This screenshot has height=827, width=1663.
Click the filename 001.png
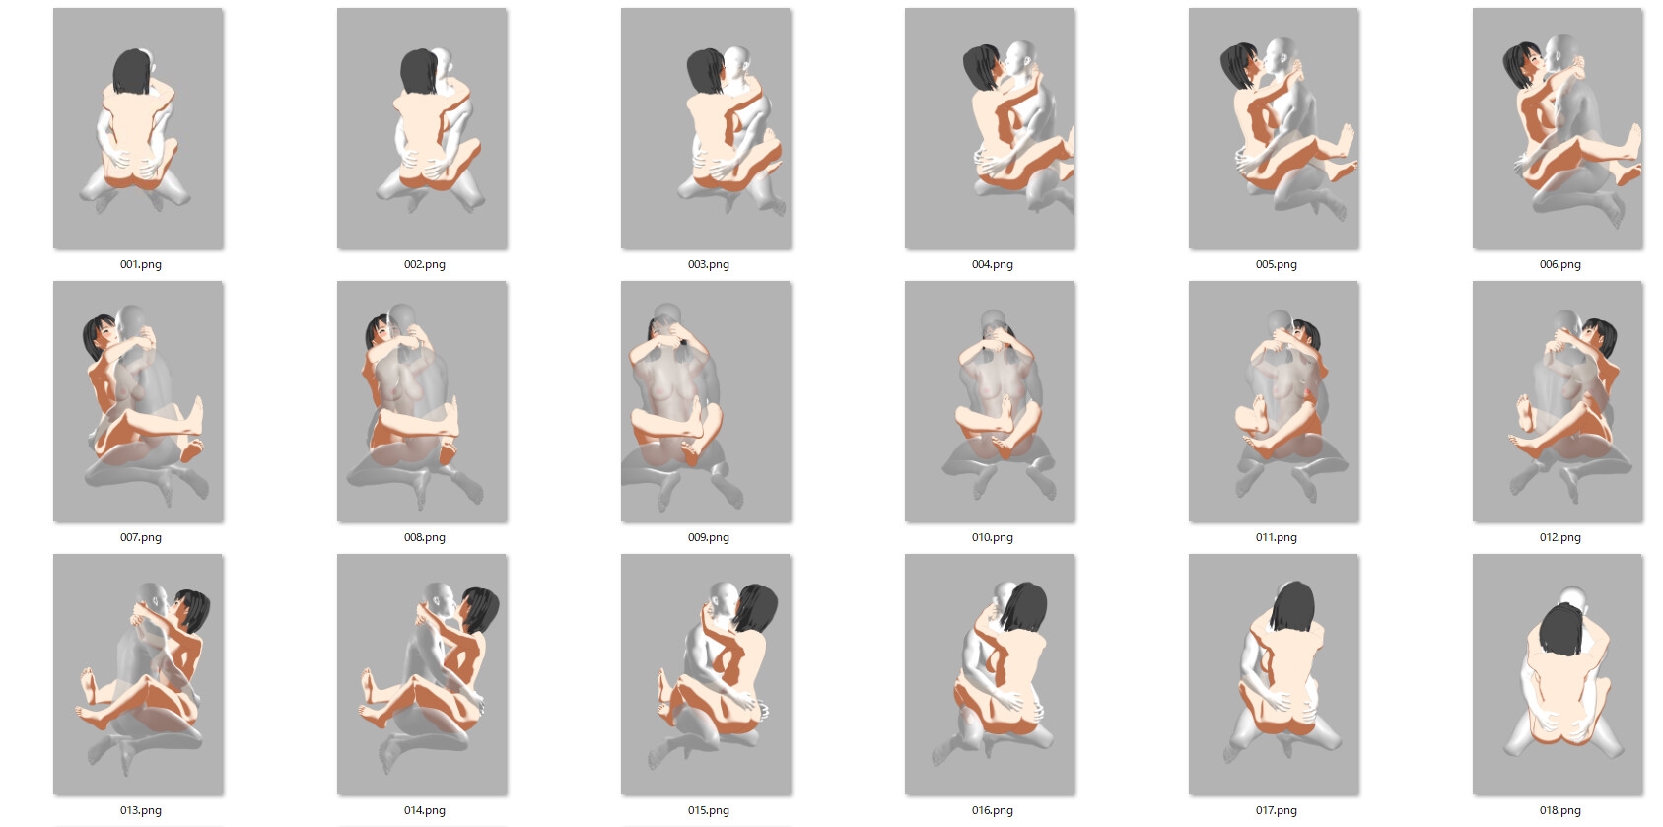[140, 264]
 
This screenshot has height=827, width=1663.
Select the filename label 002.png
[425, 264]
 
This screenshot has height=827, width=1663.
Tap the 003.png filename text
[708, 264]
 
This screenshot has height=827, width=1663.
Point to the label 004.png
[992, 264]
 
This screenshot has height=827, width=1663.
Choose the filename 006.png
[1559, 264]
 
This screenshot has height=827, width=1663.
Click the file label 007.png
[140, 537]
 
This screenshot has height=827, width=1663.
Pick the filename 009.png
[708, 537]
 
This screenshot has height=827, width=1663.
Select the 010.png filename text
[992, 537]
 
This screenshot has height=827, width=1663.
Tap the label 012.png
[1559, 537]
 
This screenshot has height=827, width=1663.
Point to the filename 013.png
[140, 810]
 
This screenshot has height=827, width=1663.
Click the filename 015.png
[708, 810]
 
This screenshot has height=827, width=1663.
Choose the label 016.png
[992, 810]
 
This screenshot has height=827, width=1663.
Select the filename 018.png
[1559, 810]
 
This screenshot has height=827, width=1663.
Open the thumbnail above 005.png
[1274, 128]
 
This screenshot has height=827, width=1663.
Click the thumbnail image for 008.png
[422, 401]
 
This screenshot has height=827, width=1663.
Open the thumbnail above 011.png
[1274, 401]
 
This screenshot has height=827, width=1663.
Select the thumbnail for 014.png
[422, 675]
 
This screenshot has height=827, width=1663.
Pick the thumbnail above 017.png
[1274, 675]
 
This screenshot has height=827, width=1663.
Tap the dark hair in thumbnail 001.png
[132, 71]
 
